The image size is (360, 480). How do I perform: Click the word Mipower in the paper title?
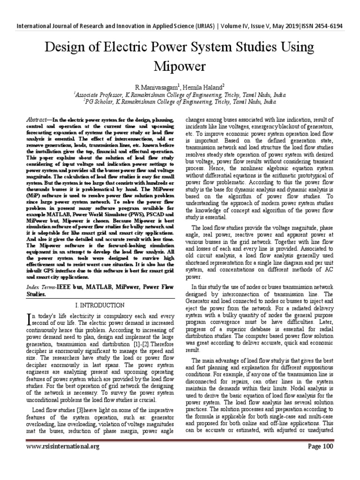[180, 67]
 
